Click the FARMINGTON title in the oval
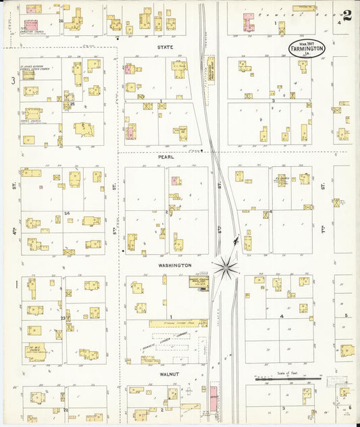307,49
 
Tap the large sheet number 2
346,16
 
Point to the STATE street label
165,47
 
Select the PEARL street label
166,157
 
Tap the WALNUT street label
168,373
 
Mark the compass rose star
225,268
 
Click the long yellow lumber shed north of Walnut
177,323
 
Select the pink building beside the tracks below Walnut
213,398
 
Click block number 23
63,318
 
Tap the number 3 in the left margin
12,80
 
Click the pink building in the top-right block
249,21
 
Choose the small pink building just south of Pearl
176,180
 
